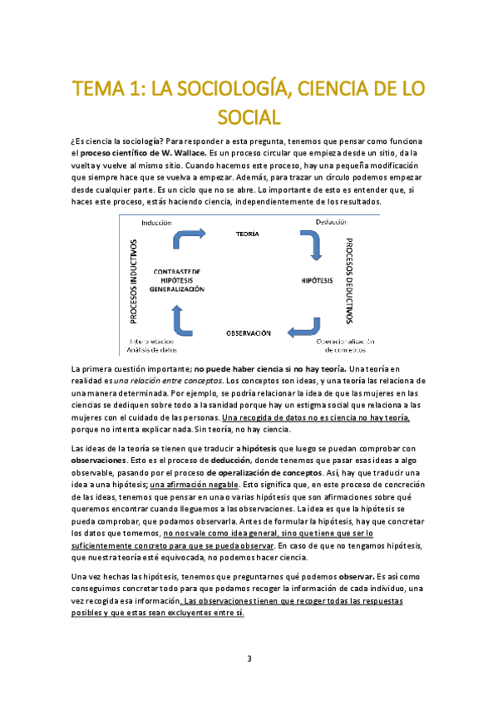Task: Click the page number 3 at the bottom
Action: click(249, 659)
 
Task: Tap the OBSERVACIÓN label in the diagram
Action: click(249, 333)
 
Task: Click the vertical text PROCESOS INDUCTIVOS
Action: click(132, 282)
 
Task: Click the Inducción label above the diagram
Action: click(157, 222)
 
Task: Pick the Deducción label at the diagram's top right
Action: click(332, 222)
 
